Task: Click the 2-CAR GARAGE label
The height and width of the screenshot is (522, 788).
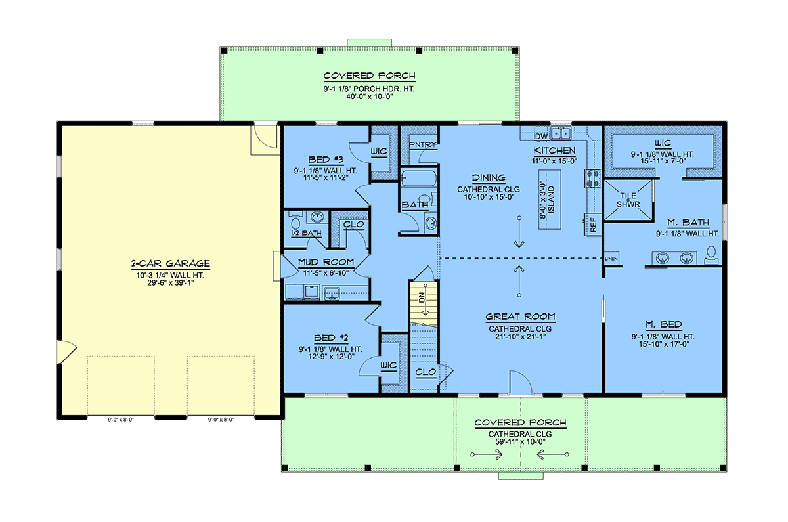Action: (x=171, y=263)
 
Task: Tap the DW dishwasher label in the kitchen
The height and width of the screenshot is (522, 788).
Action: (x=541, y=136)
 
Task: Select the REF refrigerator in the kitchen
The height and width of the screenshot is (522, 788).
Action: (x=593, y=225)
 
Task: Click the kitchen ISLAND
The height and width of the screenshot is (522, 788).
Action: (x=550, y=200)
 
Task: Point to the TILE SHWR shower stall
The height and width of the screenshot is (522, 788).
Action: (x=628, y=200)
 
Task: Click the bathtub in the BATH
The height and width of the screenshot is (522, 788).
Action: (x=419, y=178)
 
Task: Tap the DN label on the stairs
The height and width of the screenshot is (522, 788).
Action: (x=422, y=297)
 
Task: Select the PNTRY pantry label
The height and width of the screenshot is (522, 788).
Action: (x=422, y=144)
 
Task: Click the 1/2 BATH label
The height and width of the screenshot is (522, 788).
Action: (x=306, y=233)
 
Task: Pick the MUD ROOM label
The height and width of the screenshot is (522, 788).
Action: (x=326, y=262)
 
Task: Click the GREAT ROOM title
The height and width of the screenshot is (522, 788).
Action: (x=520, y=316)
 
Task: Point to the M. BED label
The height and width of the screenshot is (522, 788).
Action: (x=664, y=324)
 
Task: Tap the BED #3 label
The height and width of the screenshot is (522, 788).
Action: (x=326, y=160)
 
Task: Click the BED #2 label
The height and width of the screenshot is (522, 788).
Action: (x=331, y=338)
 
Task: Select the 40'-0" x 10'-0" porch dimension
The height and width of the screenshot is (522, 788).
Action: (x=369, y=97)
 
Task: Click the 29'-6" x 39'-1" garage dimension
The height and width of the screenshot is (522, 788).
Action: (x=171, y=283)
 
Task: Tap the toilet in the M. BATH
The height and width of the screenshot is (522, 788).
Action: (x=711, y=255)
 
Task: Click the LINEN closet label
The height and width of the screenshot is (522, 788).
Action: (x=611, y=259)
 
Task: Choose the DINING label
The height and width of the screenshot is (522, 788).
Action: (x=489, y=178)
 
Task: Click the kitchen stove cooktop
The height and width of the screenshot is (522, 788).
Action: (x=592, y=179)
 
